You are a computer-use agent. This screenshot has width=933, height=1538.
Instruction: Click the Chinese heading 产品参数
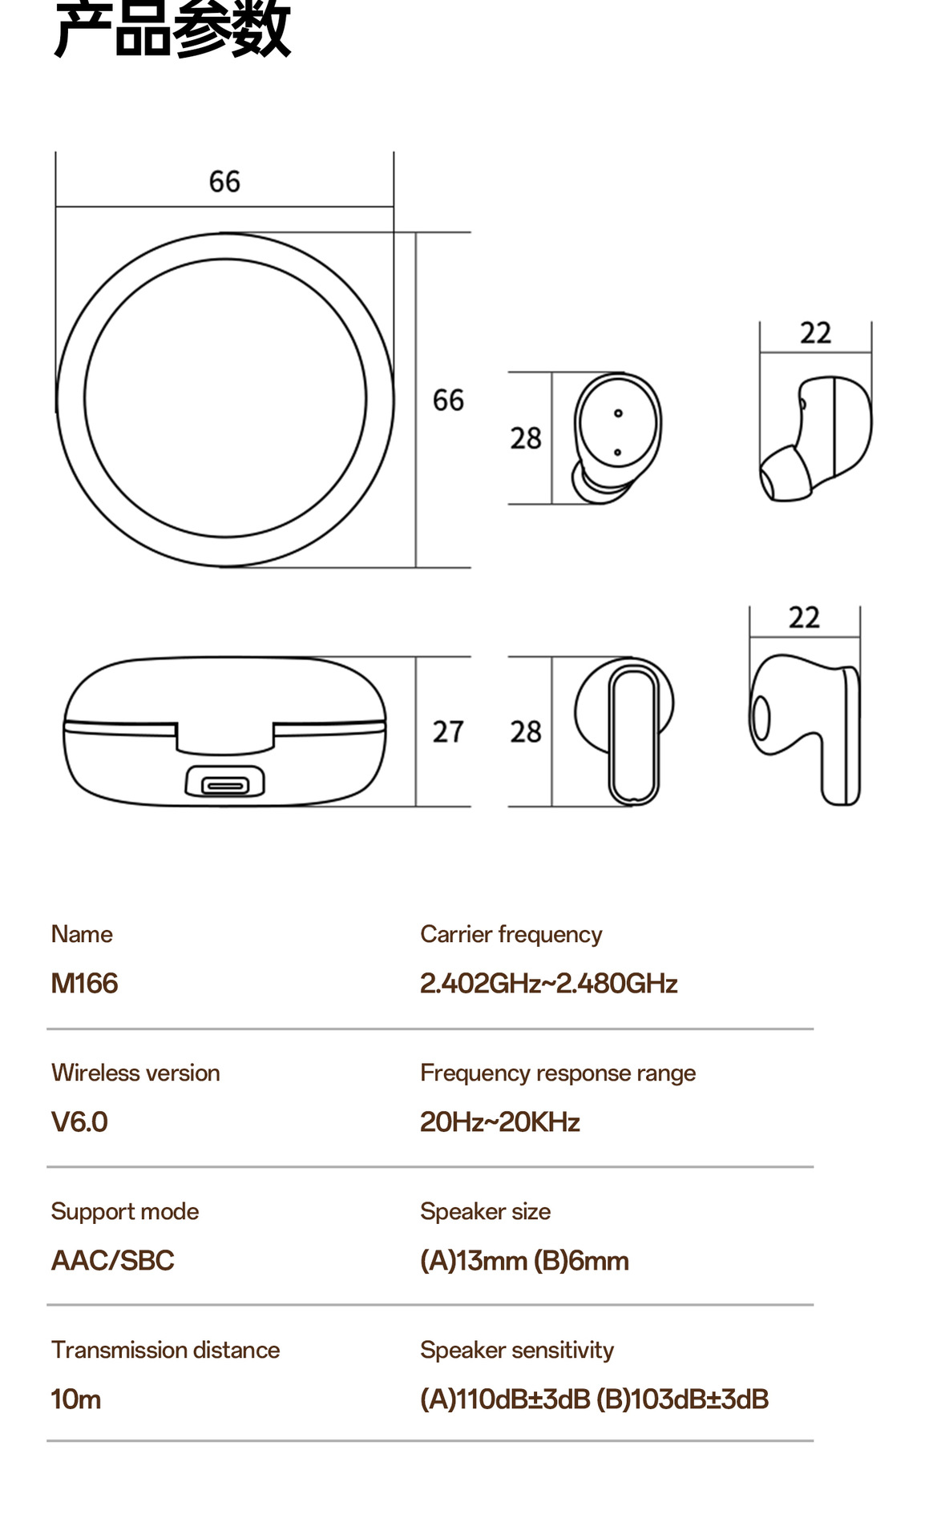(172, 30)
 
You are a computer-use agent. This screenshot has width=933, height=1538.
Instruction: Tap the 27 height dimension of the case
(448, 731)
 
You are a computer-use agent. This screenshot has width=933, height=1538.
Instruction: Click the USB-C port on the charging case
(225, 783)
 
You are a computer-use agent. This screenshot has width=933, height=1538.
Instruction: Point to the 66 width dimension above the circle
(224, 182)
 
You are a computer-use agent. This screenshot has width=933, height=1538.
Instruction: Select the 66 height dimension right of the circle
(448, 400)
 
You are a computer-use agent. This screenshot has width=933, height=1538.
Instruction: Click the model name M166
(84, 983)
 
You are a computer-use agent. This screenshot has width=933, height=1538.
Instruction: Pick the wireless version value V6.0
(79, 1121)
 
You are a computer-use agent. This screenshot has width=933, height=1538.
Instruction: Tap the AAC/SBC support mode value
(112, 1261)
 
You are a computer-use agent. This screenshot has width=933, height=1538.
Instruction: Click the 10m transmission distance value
(76, 1399)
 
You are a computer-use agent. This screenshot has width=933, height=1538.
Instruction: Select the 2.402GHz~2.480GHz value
(548, 983)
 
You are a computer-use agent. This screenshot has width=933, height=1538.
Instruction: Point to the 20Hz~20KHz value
(499, 1121)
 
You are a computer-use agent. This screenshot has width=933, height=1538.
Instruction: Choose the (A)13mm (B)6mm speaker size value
(524, 1261)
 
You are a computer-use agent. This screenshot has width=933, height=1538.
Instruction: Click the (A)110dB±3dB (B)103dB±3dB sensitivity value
(594, 1399)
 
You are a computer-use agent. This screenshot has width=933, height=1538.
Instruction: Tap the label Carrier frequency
(511, 934)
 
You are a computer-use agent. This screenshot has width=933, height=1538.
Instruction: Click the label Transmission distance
(165, 1350)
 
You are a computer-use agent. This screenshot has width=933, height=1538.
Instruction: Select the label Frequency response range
(557, 1073)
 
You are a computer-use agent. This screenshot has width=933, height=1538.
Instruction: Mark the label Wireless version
(135, 1073)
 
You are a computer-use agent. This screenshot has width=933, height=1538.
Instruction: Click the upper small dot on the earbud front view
(618, 413)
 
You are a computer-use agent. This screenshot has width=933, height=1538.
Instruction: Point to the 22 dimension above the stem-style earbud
(804, 618)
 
